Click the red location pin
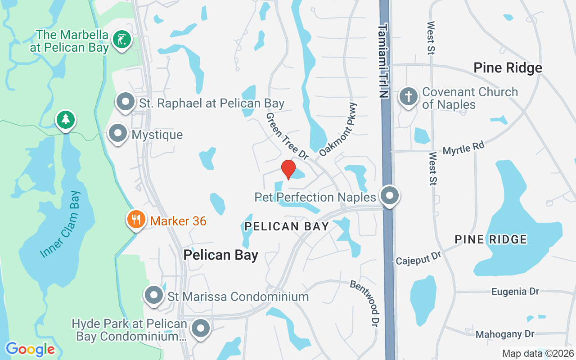pyautogui.click(x=288, y=169)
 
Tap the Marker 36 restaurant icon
pyautogui.click(x=135, y=220)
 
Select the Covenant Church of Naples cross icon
pyautogui.click(x=408, y=97)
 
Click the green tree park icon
pyautogui.click(x=66, y=120)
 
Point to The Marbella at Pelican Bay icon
pyautogui.click(x=121, y=40)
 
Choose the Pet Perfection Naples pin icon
pyautogui.click(x=390, y=196)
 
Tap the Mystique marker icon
pyautogui.click(x=118, y=133)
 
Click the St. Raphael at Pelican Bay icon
pyautogui.click(x=126, y=102)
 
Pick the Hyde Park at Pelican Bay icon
pyautogui.click(x=201, y=329)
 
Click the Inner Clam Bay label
pyautogui.click(x=60, y=225)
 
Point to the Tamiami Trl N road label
pyautogui.click(x=383, y=61)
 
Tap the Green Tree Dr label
pyautogui.click(x=287, y=136)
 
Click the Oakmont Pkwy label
pyautogui.click(x=338, y=130)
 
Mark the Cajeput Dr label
pyautogui.click(x=418, y=258)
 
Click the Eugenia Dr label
pyautogui.click(x=515, y=292)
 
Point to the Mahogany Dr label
pyautogui.click(x=505, y=334)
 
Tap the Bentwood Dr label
pyautogui.click(x=365, y=303)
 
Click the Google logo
pyautogui.click(x=30, y=349)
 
